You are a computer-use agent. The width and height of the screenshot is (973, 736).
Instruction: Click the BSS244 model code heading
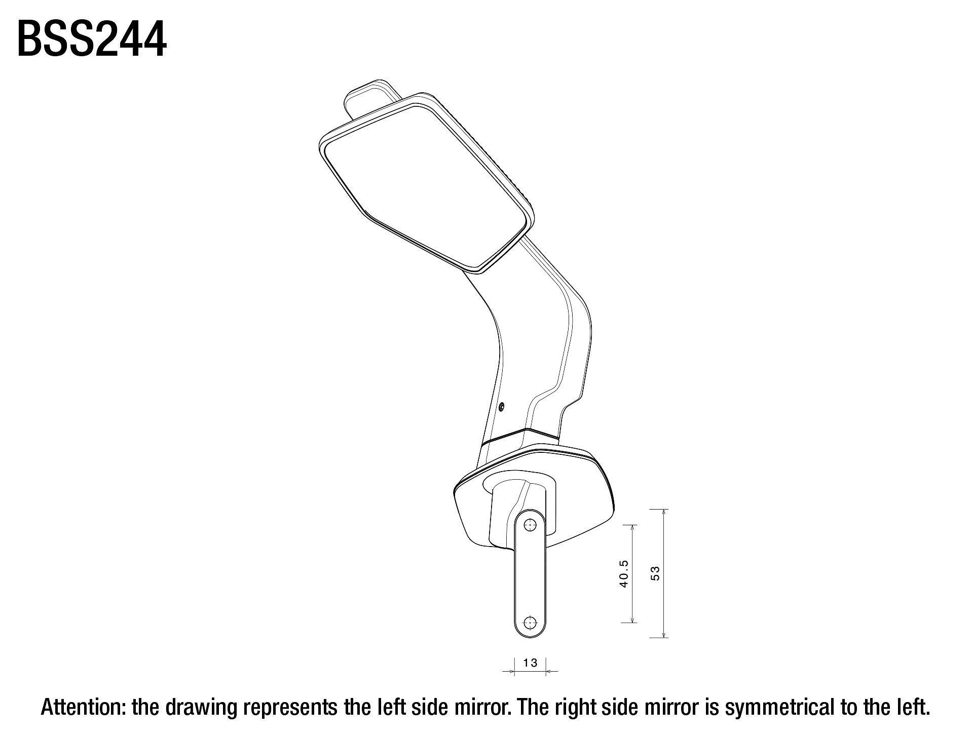coord(92,40)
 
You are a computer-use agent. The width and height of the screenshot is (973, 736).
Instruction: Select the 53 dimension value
coord(655,573)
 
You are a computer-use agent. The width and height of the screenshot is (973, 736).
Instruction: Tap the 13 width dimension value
coord(530,663)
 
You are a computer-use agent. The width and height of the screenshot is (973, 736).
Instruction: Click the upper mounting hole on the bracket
coord(530,525)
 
